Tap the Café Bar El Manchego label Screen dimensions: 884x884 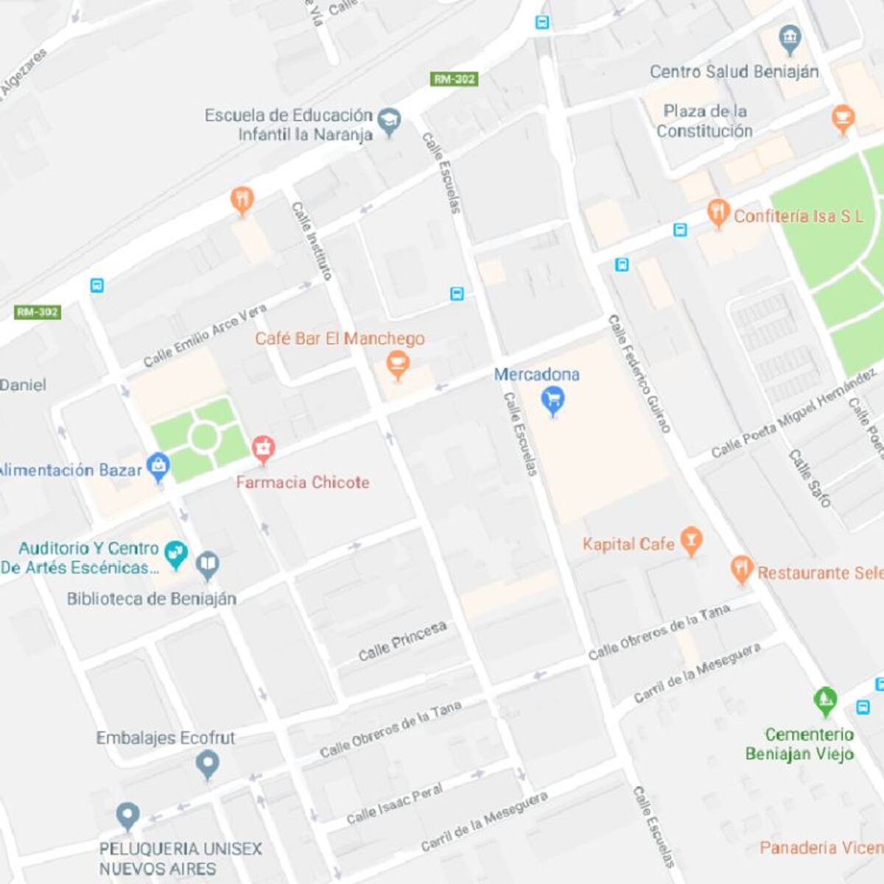coord(340,339)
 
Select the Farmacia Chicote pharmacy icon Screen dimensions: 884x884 coord(263,448)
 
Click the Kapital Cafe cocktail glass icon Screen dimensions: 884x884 coord(690,541)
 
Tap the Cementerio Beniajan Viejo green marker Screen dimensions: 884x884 coord(825,700)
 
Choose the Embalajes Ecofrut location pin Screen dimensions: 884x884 coord(208,764)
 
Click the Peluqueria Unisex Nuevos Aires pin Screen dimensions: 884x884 coord(128,815)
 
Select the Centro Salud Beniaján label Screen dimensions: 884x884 coord(734,71)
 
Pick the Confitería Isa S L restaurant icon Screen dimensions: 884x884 coord(718,213)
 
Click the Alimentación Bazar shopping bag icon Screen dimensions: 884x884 coord(158,466)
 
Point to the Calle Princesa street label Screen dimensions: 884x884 coord(402,641)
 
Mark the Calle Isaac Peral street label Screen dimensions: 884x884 coord(394,804)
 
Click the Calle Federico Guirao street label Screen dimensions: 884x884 coord(639,373)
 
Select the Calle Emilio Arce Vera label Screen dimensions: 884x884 coord(204,335)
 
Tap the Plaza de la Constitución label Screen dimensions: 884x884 coord(704,121)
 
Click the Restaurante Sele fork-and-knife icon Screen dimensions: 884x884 coord(741,569)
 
